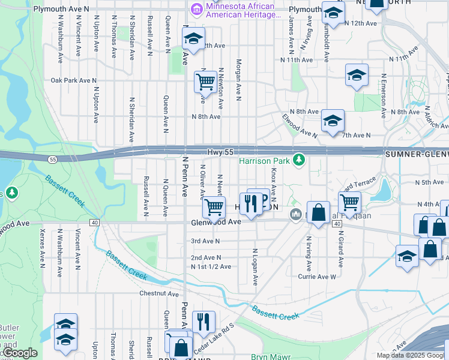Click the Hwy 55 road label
(220, 153)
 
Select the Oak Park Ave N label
(74, 80)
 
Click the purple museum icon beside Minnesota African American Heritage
(196, 9)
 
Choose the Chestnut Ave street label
(159, 294)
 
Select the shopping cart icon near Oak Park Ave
(205, 82)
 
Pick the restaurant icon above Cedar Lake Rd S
(203, 322)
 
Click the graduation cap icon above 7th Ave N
(333, 121)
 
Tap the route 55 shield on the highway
(53, 159)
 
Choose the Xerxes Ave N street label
(41, 247)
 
